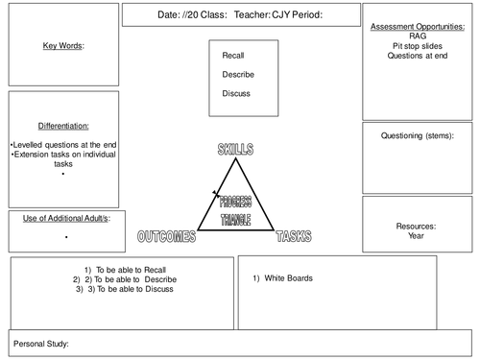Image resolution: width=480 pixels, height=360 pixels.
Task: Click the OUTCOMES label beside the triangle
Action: [x=166, y=236]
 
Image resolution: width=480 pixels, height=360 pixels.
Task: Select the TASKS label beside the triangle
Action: [x=293, y=236]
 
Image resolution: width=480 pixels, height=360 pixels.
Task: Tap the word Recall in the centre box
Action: [x=233, y=56]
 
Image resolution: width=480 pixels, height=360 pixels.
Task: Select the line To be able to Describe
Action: [x=126, y=279]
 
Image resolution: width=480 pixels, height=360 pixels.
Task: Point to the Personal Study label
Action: [x=42, y=343]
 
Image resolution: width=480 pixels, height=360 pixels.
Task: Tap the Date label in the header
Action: [x=167, y=15]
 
